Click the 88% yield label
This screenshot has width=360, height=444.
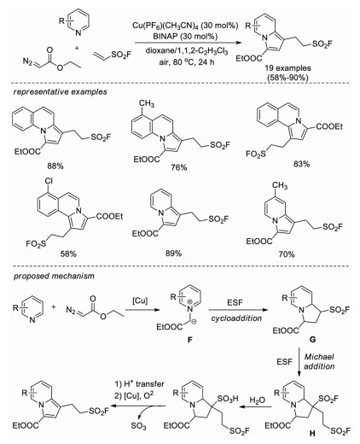[55, 166]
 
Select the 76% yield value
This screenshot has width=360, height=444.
[178, 167]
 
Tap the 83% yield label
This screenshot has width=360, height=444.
[301, 164]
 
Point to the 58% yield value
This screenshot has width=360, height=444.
[68, 254]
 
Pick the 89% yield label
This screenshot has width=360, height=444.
[173, 253]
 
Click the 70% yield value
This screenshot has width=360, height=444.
[287, 254]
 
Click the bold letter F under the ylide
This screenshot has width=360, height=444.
[190, 339]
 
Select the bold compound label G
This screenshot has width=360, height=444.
[313, 339]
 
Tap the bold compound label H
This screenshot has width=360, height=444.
[312, 434]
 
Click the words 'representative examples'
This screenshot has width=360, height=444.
[61, 92]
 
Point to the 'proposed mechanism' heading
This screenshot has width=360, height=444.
[54, 276]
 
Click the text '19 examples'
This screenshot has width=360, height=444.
[287, 68]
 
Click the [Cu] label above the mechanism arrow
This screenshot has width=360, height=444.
[140, 301]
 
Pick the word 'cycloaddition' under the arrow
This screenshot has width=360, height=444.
[236, 318]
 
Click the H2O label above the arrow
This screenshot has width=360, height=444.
[258, 400]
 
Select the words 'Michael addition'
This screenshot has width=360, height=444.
[319, 361]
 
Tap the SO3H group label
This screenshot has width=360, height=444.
[228, 399]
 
